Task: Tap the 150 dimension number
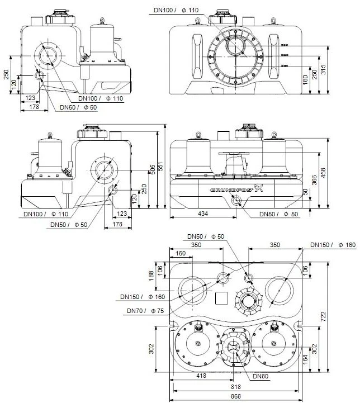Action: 181,253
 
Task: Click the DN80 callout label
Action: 261,376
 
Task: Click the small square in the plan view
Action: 222,297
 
